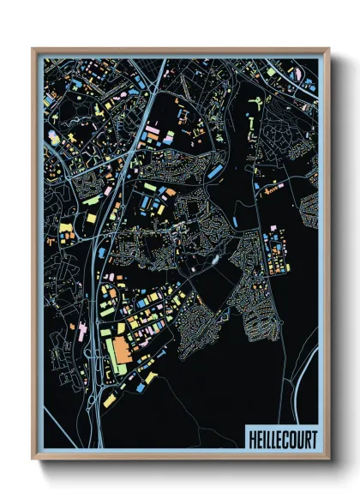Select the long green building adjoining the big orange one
(111, 351)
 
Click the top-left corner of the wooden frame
(33, 50)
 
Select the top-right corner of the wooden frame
(328, 50)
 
